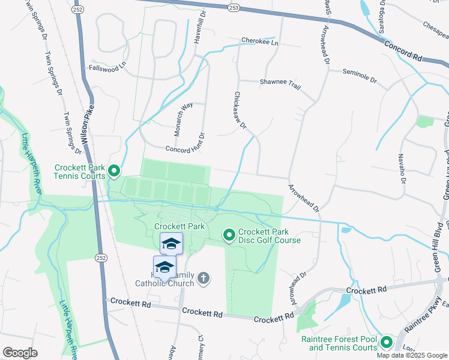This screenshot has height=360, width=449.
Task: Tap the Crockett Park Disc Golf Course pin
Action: point(229,235)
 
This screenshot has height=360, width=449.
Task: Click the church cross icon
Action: point(203,278)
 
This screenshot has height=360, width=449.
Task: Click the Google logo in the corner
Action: point(20,352)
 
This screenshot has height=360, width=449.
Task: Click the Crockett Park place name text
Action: point(179,226)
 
